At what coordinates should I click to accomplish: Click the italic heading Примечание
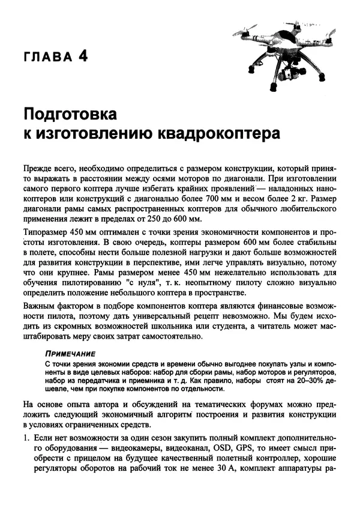pyautogui.click(x=70, y=354)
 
